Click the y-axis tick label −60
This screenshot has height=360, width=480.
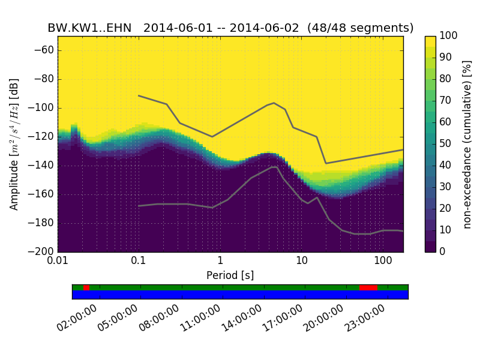tap(43, 50)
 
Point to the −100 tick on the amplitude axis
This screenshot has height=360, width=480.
tap(41, 108)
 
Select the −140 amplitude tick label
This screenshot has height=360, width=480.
tap(41, 166)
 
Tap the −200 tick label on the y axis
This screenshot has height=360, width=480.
tap(41, 251)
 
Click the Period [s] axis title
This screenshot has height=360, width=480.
tap(230, 275)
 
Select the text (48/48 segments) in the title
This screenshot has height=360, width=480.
tap(361, 28)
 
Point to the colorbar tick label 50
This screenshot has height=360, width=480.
tap(446, 143)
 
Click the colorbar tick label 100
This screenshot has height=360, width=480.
tap(449, 36)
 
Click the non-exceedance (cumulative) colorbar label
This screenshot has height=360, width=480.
tap(467, 144)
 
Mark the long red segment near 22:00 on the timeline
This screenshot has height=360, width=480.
tap(368, 287)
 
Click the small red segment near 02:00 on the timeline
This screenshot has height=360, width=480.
tap(86, 287)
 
